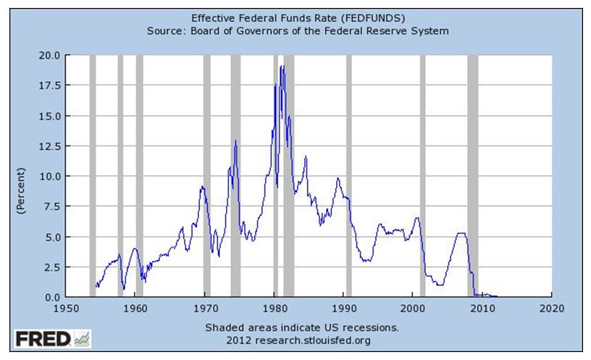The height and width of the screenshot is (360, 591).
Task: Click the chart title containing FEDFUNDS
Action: [298, 17]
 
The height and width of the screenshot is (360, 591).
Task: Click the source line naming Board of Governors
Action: [298, 30]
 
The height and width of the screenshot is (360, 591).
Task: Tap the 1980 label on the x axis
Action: [274, 307]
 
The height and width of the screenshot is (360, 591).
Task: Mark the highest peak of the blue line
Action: [282, 66]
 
